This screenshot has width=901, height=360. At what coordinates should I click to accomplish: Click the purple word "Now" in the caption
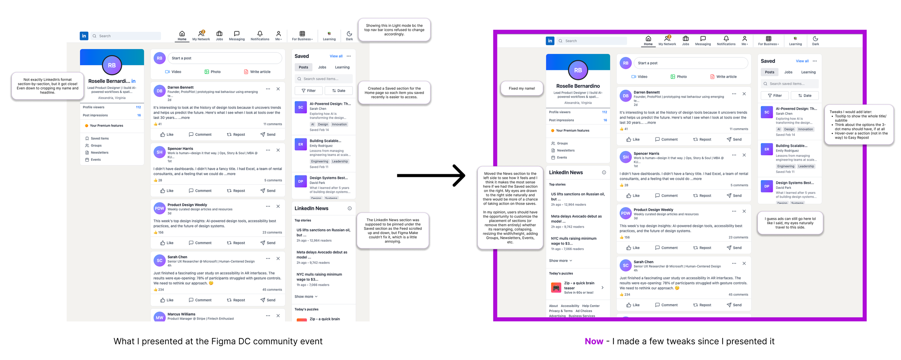click(594, 341)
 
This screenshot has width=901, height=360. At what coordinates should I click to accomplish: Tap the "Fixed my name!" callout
click(521, 88)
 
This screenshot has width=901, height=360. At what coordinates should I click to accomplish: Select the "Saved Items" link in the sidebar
click(99, 138)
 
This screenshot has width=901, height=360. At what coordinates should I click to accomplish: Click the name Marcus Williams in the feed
click(181, 314)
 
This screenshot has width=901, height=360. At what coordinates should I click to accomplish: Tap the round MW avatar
click(159, 317)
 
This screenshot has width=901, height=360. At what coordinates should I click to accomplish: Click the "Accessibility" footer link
click(570, 306)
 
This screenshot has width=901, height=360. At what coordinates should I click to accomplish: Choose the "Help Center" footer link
click(591, 306)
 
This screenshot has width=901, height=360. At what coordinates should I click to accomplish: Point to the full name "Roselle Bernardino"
click(578, 86)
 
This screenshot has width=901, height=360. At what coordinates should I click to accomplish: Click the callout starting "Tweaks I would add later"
click(858, 125)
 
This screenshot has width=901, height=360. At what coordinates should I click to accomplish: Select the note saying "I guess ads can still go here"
click(790, 223)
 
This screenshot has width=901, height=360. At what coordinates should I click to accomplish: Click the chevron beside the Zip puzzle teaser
click(602, 288)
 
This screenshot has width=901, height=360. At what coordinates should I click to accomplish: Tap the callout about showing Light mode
click(394, 30)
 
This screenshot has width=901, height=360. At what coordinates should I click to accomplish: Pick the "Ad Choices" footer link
click(583, 311)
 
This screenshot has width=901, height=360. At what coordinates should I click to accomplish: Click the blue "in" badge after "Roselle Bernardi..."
click(133, 81)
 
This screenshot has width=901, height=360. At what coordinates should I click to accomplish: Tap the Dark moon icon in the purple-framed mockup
click(815, 39)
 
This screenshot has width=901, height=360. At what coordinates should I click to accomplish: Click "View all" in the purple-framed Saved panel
click(802, 61)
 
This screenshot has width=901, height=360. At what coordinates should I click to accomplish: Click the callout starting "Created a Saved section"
click(394, 93)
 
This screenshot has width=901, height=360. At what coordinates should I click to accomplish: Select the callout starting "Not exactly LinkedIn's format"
click(48, 86)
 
